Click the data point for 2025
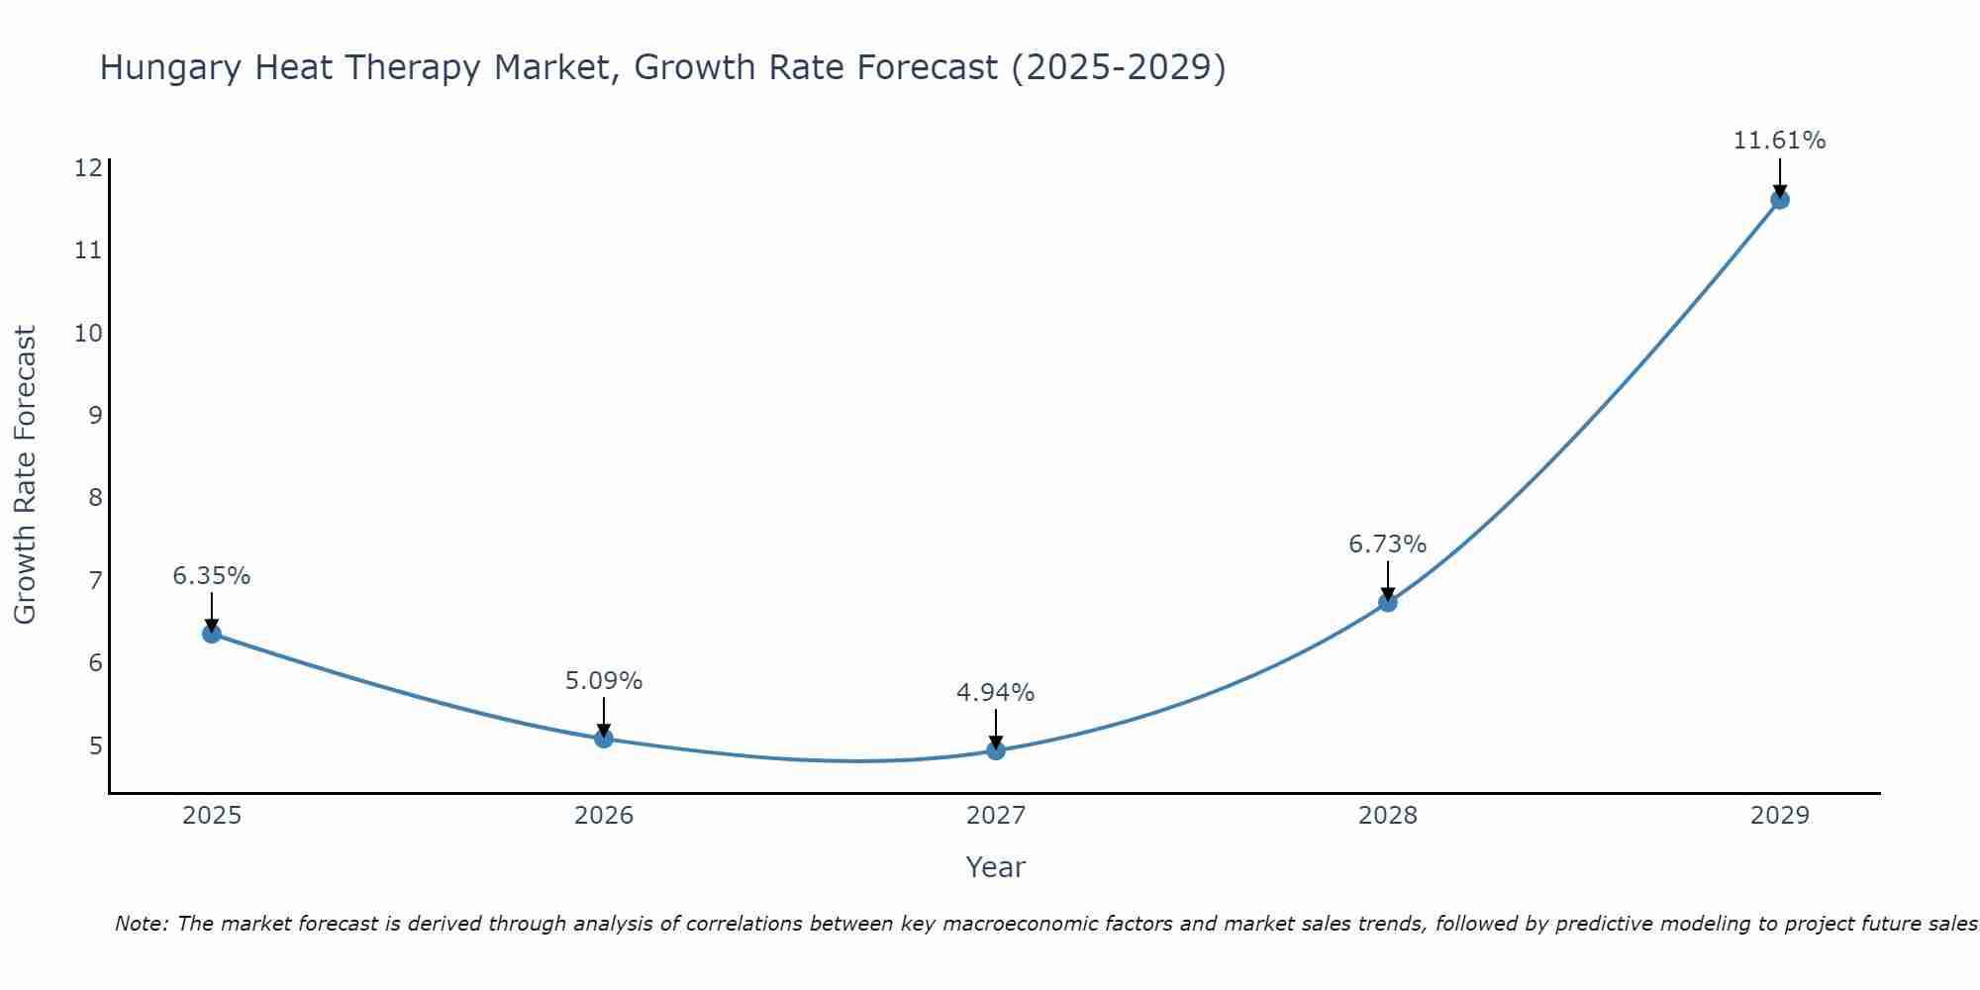[x=212, y=634]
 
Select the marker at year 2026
[x=604, y=738]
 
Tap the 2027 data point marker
[x=996, y=750]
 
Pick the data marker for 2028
[x=1388, y=602]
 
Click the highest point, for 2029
[x=1779, y=200]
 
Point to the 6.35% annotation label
[x=212, y=575]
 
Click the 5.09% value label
[x=604, y=681]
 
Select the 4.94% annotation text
[x=996, y=693]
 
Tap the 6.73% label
[x=1388, y=544]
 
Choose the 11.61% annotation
[x=1779, y=141]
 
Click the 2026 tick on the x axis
[x=604, y=816]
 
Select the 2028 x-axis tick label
[x=1388, y=816]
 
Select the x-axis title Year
[x=996, y=867]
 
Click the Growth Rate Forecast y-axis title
[x=26, y=475]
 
